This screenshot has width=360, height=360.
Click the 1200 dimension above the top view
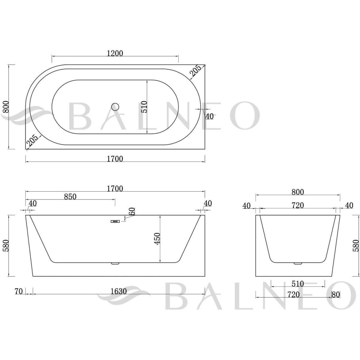(115, 54)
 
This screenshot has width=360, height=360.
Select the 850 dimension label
(70, 196)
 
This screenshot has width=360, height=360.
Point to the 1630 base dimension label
(118, 291)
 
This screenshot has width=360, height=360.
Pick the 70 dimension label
(19, 291)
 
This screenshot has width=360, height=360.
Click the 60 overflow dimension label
(132, 211)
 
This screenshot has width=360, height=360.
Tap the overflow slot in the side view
(115, 222)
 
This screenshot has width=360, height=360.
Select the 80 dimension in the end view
(336, 295)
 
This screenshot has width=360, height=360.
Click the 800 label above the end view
(298, 192)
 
